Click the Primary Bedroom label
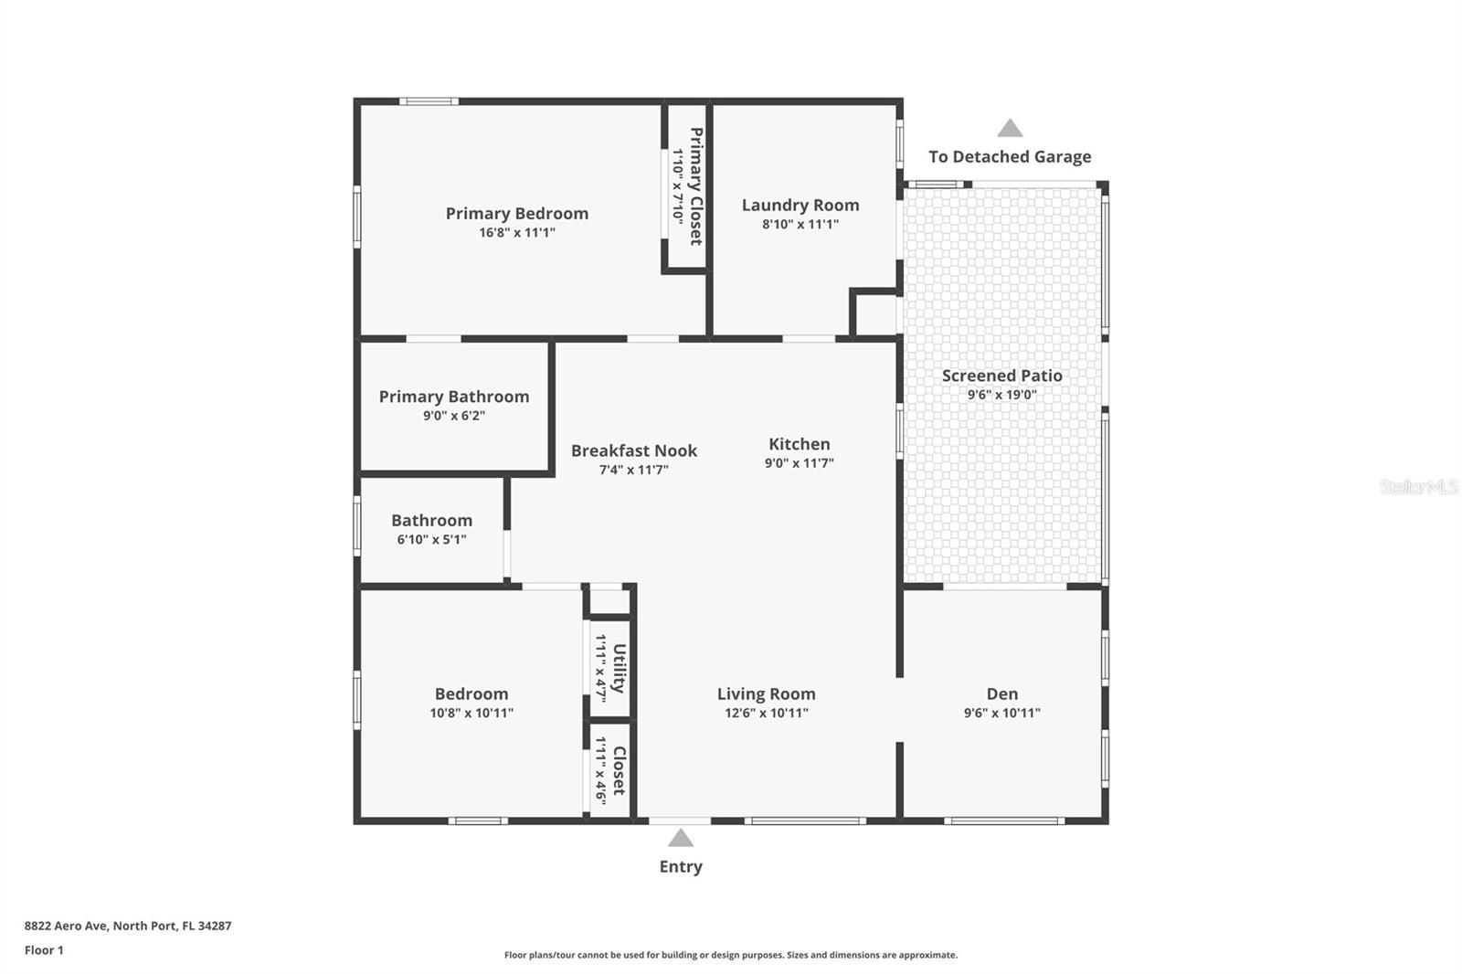[517, 214]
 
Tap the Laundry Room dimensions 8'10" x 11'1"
[800, 225]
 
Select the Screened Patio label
[1001, 376]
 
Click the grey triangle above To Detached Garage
[1010, 128]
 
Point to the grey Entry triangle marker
[680, 838]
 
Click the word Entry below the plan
[681, 866]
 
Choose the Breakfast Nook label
[634, 450]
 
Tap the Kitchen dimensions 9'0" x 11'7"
[799, 463]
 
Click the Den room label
[1001, 693]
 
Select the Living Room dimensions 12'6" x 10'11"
[767, 713]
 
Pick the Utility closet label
[620, 668]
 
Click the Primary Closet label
[696, 186]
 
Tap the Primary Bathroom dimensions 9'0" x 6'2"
[453, 416]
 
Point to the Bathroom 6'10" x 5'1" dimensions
[431, 540]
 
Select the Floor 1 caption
[44, 950]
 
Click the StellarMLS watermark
[1418, 486]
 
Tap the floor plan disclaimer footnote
[730, 955]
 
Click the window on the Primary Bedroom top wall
[429, 101]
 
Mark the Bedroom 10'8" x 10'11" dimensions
[471, 713]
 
